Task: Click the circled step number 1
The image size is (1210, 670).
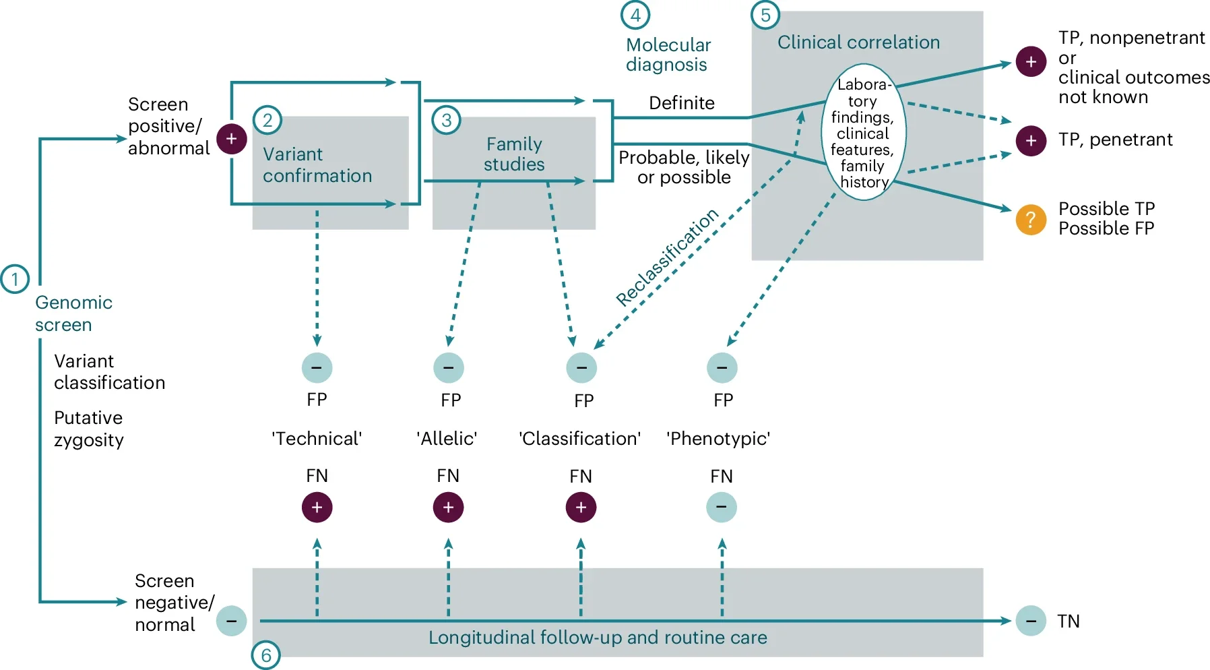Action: pos(15,279)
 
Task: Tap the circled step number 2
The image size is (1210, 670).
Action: pos(267,121)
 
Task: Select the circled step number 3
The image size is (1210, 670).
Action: pos(446,121)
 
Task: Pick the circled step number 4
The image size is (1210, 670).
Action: pos(635,15)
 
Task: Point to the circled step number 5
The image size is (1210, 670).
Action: pos(765,15)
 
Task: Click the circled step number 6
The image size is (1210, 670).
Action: pos(266,654)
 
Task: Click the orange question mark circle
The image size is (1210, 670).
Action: pos(1031,220)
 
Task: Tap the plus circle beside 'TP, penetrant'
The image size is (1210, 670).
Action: pos(1031,140)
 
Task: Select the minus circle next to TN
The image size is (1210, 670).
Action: pos(1031,620)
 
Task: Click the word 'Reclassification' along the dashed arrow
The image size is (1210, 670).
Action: pos(667,257)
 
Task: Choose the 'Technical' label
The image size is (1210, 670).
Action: pos(317,439)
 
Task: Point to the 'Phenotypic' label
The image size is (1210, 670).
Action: pos(718,439)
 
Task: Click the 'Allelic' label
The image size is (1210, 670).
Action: pos(447,439)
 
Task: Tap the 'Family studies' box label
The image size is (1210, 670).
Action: pos(514,154)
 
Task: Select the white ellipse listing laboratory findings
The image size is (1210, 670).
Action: pos(863,133)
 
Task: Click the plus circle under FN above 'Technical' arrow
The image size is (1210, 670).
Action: pos(317,507)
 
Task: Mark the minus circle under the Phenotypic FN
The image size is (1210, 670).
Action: pos(722,507)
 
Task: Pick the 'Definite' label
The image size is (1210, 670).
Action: pos(682,103)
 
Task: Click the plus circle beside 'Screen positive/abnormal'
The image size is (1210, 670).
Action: pos(231,139)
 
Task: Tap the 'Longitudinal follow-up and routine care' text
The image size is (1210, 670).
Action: pos(598,638)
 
